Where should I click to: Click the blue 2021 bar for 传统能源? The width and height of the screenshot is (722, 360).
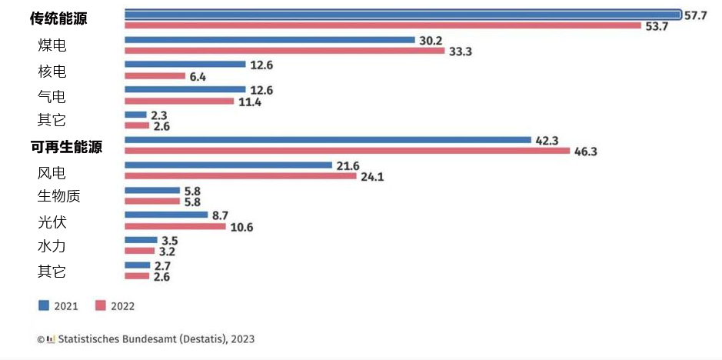click(x=402, y=14)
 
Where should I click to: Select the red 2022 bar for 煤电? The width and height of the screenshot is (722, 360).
click(x=284, y=52)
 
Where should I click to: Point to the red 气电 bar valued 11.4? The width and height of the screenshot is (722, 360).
click(x=178, y=102)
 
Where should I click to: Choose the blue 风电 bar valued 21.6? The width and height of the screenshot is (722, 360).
click(x=228, y=165)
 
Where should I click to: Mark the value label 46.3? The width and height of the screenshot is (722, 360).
click(x=585, y=152)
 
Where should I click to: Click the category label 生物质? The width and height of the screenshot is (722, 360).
click(x=59, y=196)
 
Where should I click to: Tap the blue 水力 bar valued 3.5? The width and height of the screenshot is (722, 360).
click(x=140, y=240)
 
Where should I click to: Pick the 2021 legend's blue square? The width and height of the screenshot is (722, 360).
click(x=44, y=305)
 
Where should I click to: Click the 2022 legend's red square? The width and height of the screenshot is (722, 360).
click(x=100, y=305)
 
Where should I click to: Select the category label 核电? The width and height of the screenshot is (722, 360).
click(x=52, y=72)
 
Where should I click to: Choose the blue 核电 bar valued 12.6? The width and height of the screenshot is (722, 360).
click(x=185, y=65)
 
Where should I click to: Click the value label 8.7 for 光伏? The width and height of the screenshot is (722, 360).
click(x=221, y=215)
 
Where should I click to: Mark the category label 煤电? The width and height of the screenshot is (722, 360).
click(x=52, y=45)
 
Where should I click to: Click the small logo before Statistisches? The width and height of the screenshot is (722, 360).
click(x=51, y=338)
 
